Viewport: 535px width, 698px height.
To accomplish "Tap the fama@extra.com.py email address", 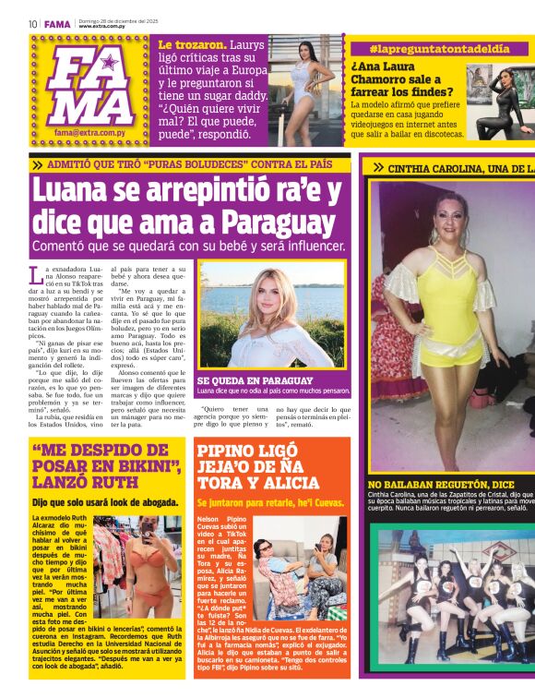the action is (90, 133).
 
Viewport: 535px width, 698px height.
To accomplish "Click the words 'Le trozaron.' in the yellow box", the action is (193, 44).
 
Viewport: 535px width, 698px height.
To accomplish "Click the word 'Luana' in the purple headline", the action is (75, 191).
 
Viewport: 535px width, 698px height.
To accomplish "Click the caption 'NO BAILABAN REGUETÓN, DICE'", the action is (441, 484).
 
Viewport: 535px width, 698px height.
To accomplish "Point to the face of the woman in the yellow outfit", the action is (451, 211).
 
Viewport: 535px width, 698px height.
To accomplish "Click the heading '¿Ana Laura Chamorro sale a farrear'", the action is (406, 79).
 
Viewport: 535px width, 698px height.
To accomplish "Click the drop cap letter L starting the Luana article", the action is (36, 273).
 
